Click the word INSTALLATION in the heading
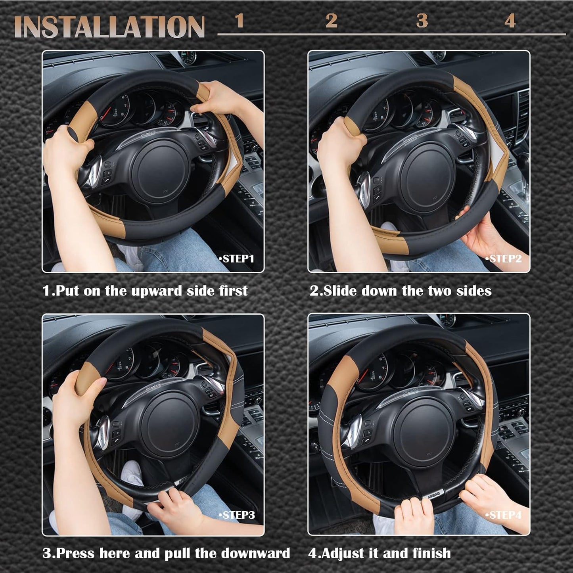tap(109, 27)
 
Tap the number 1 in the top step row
tap(239, 21)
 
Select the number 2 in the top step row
tap(331, 21)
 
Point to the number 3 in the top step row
tap(422, 21)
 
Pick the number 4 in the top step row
tap(510, 21)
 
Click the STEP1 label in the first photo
tap(237, 259)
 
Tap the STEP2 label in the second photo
tap(504, 259)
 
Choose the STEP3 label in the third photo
tap(237, 515)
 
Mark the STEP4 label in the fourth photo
tap(504, 515)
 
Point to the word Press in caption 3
tap(76, 553)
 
